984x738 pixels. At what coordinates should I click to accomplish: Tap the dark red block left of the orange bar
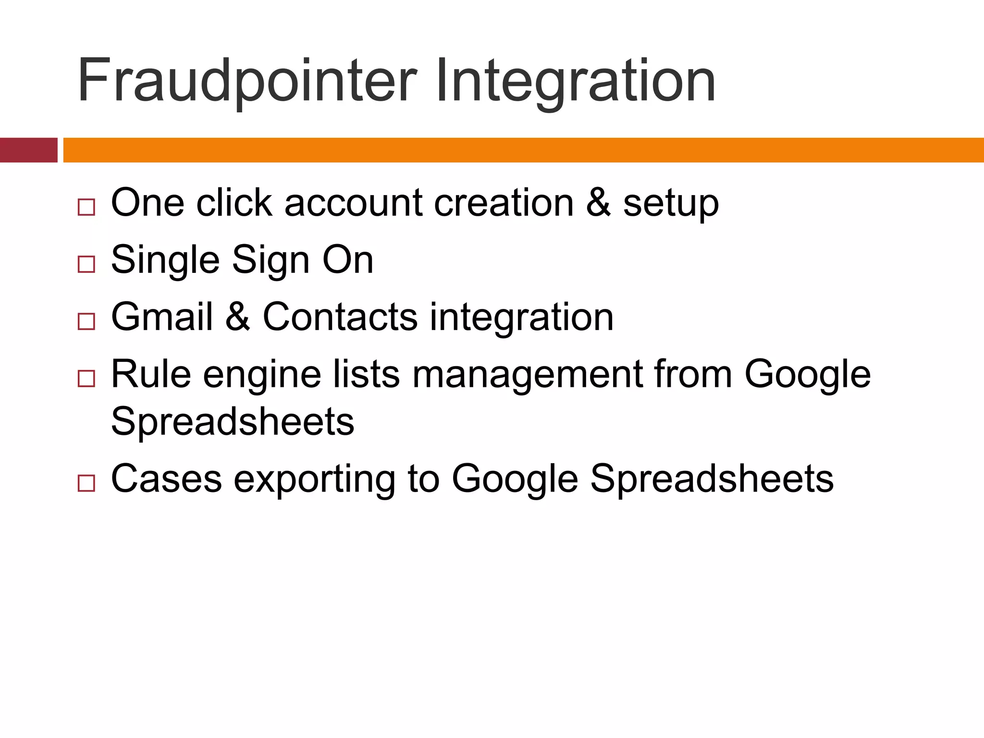[x=28, y=150]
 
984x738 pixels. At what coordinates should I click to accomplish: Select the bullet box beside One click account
[x=86, y=207]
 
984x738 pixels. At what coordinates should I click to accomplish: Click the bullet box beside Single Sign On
[x=86, y=264]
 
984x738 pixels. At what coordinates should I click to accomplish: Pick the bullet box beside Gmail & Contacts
[x=86, y=321]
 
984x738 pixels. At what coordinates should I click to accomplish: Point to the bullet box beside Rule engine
[x=86, y=379]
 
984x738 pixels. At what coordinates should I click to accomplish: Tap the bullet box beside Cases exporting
[x=86, y=483]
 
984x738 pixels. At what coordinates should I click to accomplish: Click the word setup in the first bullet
[x=671, y=204]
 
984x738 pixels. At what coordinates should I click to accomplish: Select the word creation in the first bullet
[x=504, y=203]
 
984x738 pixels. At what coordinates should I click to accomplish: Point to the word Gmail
[x=162, y=317]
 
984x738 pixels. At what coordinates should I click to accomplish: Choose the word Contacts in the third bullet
[x=340, y=317]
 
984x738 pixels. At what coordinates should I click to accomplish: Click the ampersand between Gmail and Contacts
[x=238, y=317]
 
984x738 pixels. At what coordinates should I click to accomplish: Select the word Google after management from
[x=808, y=375]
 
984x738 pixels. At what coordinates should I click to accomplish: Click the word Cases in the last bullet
[x=166, y=479]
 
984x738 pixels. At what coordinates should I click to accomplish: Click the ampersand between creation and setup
[x=599, y=203]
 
